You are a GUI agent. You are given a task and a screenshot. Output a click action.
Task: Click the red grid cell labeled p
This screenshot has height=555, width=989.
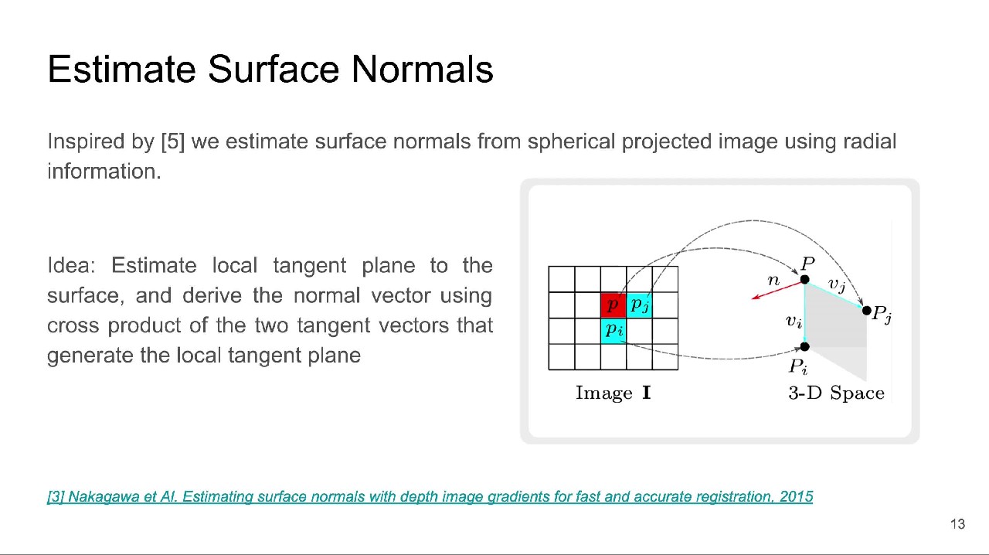click(x=613, y=305)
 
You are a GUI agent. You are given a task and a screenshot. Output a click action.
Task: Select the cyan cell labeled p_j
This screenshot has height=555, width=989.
click(x=639, y=305)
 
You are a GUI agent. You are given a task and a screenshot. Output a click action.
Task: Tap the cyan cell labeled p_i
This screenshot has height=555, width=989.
click(x=613, y=331)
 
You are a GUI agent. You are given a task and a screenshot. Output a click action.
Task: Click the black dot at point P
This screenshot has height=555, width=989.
click(x=804, y=280)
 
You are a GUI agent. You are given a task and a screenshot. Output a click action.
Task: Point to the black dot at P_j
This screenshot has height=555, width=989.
click(x=867, y=311)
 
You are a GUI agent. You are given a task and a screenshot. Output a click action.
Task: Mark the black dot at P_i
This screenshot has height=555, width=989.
click(x=804, y=347)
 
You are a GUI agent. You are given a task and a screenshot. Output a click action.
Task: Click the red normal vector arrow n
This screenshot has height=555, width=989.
click(x=778, y=290)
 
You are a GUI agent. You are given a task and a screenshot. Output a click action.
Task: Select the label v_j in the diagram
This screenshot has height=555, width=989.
click(x=837, y=284)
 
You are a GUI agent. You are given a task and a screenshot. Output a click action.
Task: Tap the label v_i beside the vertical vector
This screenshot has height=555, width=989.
click(x=794, y=321)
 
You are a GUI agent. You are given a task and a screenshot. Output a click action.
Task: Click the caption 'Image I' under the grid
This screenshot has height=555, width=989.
click(x=613, y=393)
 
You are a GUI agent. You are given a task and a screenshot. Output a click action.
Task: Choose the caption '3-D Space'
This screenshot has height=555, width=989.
click(x=836, y=393)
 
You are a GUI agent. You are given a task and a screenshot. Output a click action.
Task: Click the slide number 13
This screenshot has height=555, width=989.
click(x=957, y=524)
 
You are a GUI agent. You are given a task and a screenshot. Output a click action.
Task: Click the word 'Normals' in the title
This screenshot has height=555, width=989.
click(x=422, y=70)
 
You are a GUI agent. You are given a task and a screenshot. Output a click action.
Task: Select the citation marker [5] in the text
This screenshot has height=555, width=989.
click(x=172, y=142)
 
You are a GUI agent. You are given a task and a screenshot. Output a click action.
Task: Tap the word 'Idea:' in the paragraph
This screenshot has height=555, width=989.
click(x=71, y=266)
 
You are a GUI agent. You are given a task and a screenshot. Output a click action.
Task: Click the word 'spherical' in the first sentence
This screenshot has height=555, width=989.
click(x=571, y=142)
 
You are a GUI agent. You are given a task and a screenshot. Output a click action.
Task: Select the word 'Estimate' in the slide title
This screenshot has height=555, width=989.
click(x=121, y=70)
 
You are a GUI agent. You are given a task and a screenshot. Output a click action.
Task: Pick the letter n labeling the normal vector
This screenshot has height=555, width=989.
click(x=773, y=280)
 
